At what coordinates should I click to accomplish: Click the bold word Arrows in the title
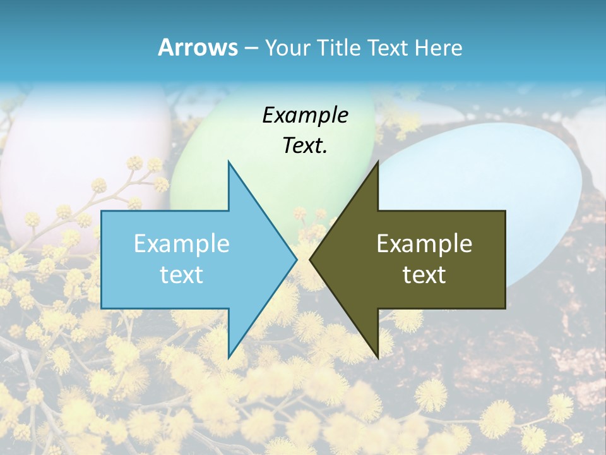[x=198, y=47]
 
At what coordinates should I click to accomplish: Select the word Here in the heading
[x=439, y=47]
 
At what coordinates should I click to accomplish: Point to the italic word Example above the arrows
[x=305, y=116]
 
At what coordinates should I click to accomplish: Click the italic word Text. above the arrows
[x=305, y=146]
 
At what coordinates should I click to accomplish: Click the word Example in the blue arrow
[x=182, y=243]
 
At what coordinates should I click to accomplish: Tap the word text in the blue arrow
[x=182, y=274]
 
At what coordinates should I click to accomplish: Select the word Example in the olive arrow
[x=424, y=243]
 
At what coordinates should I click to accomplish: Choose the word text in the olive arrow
[x=424, y=274]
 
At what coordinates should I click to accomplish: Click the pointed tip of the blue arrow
[x=295, y=259]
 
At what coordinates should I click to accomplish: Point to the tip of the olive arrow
[x=311, y=259]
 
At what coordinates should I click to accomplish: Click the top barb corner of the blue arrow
[x=229, y=162]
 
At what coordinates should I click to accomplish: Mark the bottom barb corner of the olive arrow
[x=377, y=357]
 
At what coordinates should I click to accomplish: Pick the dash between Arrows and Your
[x=250, y=48]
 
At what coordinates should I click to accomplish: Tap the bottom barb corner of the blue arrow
[x=229, y=357]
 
